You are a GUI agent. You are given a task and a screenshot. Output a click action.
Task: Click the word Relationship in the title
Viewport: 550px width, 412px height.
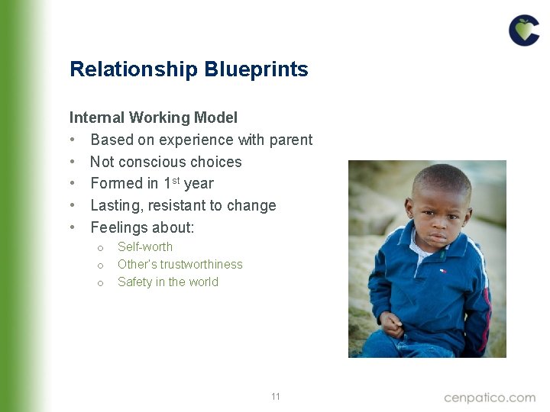coord(134,70)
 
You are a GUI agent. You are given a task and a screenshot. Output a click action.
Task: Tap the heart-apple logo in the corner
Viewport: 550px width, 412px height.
coord(524,30)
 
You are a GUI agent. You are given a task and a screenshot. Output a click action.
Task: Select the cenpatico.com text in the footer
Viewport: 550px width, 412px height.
coord(490,398)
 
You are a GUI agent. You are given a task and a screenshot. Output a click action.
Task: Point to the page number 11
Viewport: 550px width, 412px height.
coord(276,397)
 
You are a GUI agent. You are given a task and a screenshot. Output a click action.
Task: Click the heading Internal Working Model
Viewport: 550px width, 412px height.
coord(153,117)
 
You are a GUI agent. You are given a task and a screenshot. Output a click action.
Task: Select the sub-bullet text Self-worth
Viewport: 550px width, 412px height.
coord(145,246)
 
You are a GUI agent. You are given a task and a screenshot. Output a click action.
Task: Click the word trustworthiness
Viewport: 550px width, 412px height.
coord(202,264)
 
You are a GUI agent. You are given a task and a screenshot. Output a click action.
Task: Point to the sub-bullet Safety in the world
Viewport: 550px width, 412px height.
coord(168,282)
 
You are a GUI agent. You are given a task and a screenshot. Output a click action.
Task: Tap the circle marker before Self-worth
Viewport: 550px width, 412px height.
coord(100,247)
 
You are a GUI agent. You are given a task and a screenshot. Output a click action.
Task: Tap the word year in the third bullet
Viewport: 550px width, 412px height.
coord(199,183)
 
